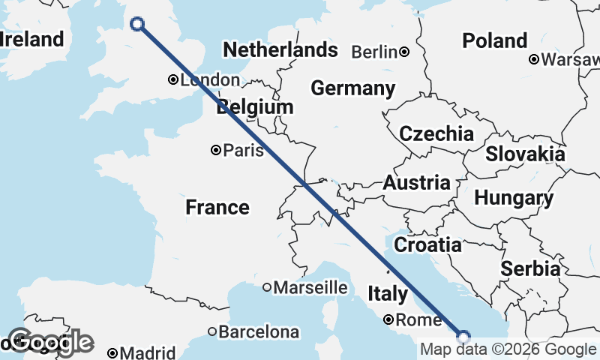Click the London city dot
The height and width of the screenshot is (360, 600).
tap(172, 79)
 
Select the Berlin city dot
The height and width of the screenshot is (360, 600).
tap(404, 52)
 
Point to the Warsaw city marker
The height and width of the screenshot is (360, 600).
tap(533, 58)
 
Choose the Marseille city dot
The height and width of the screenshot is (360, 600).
tap(267, 287)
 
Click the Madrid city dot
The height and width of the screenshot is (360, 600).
tap(112, 352)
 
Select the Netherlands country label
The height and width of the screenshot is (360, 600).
tap(280, 50)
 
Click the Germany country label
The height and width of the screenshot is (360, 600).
tap(352, 88)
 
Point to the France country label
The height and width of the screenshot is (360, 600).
tap(217, 207)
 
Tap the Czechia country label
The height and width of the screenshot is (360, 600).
tap(436, 134)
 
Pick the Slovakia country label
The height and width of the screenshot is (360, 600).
tap(525, 154)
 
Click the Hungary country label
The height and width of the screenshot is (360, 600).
tap(514, 199)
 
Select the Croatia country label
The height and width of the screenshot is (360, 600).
tap(427, 244)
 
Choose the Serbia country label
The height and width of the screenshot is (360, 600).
tap(530, 268)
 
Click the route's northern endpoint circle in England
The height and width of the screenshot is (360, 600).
tap(137, 24)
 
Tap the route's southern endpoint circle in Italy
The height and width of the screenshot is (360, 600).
tap(463, 337)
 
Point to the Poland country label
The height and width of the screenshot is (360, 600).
tap(494, 40)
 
